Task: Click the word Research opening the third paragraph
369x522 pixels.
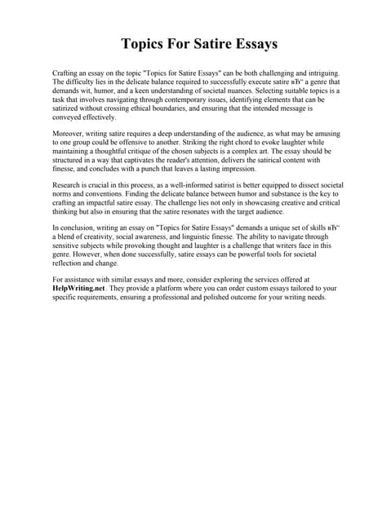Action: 69,189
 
